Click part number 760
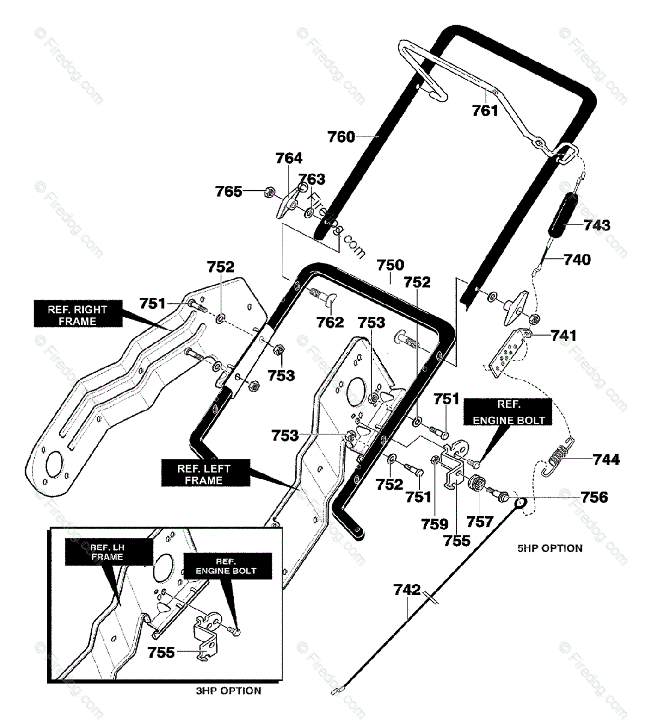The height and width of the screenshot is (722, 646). tap(341, 137)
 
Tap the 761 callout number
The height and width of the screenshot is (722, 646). tap(485, 111)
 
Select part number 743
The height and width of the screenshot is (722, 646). tap(597, 225)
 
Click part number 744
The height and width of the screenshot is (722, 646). tap(606, 459)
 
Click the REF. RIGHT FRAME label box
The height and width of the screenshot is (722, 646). tap(78, 313)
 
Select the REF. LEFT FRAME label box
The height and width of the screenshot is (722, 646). tap(206, 473)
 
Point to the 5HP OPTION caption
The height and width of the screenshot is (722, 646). tap(550, 548)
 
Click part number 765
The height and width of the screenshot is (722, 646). tap(228, 192)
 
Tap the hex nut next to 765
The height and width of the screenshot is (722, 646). tap(269, 193)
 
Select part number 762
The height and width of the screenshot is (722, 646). tap(330, 322)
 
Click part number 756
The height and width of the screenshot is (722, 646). tap(594, 497)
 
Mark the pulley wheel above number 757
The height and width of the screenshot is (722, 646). tap(477, 484)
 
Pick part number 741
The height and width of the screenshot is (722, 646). tap(564, 335)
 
